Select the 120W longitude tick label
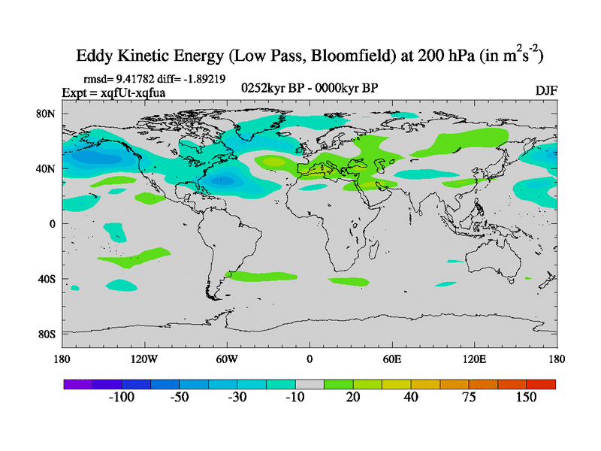pos(143,359)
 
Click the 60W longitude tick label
pos(227,359)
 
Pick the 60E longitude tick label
pos(392,359)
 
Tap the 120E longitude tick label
pos(475,359)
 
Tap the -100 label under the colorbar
pos(121,398)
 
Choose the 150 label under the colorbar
pos(526,398)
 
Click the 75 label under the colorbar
pos(469,398)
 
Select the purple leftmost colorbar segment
pos(77,384)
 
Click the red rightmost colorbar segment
pos(541,384)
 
